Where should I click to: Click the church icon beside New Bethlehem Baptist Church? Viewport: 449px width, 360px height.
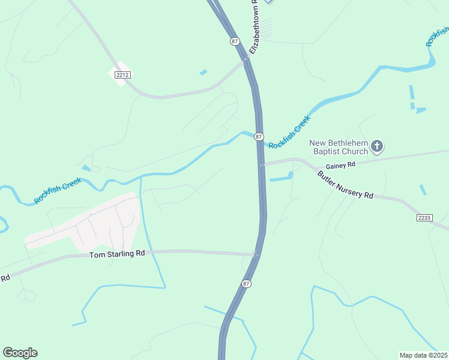tap(377, 146)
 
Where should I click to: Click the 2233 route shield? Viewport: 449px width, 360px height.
tap(424, 218)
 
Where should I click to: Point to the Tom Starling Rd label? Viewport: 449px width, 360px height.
tap(117, 254)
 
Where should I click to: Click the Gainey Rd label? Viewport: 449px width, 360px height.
tap(341, 165)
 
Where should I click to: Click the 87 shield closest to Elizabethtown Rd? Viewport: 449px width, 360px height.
tap(234, 41)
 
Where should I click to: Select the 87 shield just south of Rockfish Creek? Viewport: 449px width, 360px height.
tap(259, 137)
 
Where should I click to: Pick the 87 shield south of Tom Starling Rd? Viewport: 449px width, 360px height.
tap(246, 283)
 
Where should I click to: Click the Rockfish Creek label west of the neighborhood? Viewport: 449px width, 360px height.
tap(58, 190)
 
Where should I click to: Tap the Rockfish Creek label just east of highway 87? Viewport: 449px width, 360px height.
tap(289, 133)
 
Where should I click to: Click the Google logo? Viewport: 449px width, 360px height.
tap(20, 353)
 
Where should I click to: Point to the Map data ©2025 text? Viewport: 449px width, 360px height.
tap(424, 355)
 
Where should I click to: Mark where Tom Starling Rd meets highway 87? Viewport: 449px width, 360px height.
tap(257, 254)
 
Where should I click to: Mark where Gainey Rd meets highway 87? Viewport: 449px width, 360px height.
tap(262, 164)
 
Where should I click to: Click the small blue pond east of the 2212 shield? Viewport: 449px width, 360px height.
tap(203, 73)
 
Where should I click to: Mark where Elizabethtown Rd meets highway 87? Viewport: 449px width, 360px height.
tap(246, 59)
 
